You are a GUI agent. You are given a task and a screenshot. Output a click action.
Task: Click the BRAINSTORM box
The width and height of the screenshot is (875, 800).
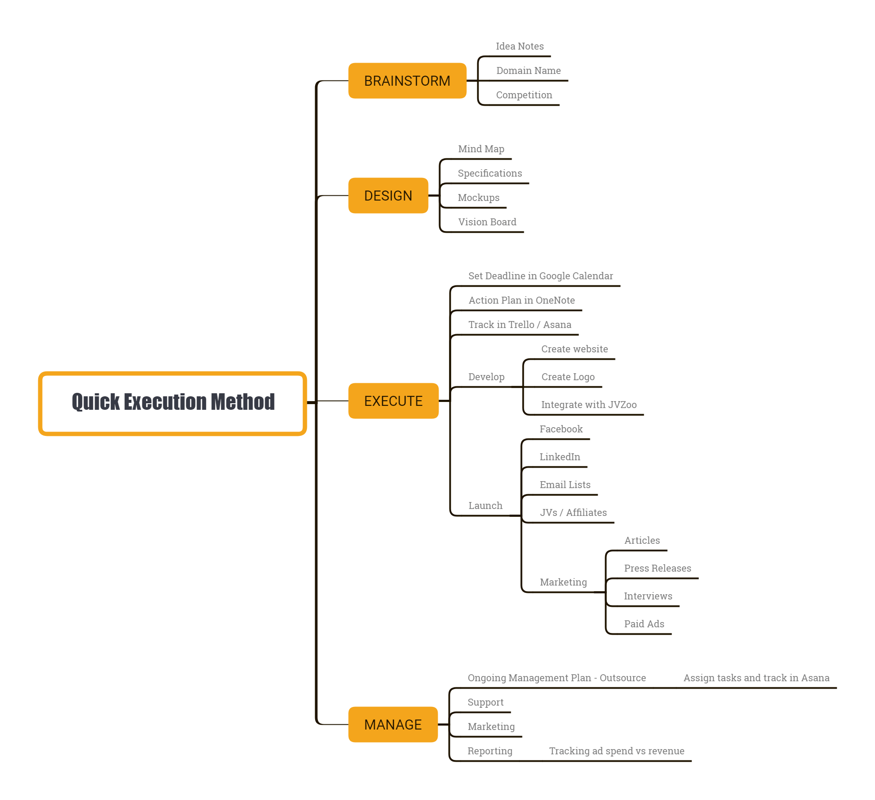[407, 81]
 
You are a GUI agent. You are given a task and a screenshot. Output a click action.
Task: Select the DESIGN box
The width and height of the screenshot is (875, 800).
[388, 196]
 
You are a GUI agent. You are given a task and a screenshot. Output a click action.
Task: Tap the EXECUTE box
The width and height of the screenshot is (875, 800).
[393, 401]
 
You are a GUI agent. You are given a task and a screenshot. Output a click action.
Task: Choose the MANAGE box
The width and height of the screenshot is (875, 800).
[393, 725]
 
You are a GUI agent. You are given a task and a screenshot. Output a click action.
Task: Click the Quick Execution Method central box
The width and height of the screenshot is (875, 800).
[173, 403]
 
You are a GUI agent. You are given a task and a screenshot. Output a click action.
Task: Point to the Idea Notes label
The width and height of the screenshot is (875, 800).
[519, 47]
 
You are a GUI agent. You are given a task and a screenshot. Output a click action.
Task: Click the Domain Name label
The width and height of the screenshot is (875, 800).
[528, 71]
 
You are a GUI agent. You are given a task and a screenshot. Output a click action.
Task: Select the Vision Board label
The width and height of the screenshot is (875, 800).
[487, 222]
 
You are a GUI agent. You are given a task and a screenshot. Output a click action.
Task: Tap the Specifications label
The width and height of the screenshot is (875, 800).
[489, 174]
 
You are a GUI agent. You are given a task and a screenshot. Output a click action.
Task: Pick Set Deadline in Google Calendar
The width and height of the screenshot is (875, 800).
[540, 276]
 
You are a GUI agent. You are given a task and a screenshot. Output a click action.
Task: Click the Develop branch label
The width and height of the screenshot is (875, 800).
[486, 377]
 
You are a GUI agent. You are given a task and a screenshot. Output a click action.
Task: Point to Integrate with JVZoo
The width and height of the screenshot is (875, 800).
[589, 405]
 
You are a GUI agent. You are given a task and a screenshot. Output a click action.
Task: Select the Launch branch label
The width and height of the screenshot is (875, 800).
[485, 506]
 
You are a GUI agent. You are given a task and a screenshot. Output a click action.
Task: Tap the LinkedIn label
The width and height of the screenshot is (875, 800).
[559, 457]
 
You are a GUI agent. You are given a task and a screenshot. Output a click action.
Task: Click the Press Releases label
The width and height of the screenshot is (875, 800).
[657, 569]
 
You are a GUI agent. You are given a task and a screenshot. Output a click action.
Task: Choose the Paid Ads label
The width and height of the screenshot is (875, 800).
[644, 624]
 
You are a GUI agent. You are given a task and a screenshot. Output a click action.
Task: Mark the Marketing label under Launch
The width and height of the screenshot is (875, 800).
[563, 582]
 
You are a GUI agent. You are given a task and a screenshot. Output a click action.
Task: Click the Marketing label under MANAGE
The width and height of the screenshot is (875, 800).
[491, 727]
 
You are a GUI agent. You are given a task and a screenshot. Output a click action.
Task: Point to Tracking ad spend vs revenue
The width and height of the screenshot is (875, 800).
[616, 751]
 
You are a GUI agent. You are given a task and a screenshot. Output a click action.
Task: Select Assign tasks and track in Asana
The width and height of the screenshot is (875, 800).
[756, 678]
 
